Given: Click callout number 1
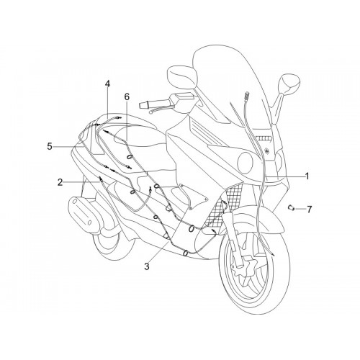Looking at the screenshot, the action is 307,176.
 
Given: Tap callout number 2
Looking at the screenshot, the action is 60,182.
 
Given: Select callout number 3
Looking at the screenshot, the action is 147,266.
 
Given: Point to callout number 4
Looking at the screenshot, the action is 107,84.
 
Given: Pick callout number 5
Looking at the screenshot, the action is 50,146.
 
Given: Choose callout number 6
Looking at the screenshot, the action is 127,96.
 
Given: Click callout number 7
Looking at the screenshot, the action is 309,210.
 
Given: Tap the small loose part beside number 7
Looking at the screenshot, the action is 292,207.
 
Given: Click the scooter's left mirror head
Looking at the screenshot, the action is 182,76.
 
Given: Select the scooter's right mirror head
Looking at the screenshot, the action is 289,84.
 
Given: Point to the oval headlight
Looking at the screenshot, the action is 245,163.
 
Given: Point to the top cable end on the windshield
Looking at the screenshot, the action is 247,95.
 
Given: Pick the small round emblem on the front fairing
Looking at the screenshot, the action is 266,151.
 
